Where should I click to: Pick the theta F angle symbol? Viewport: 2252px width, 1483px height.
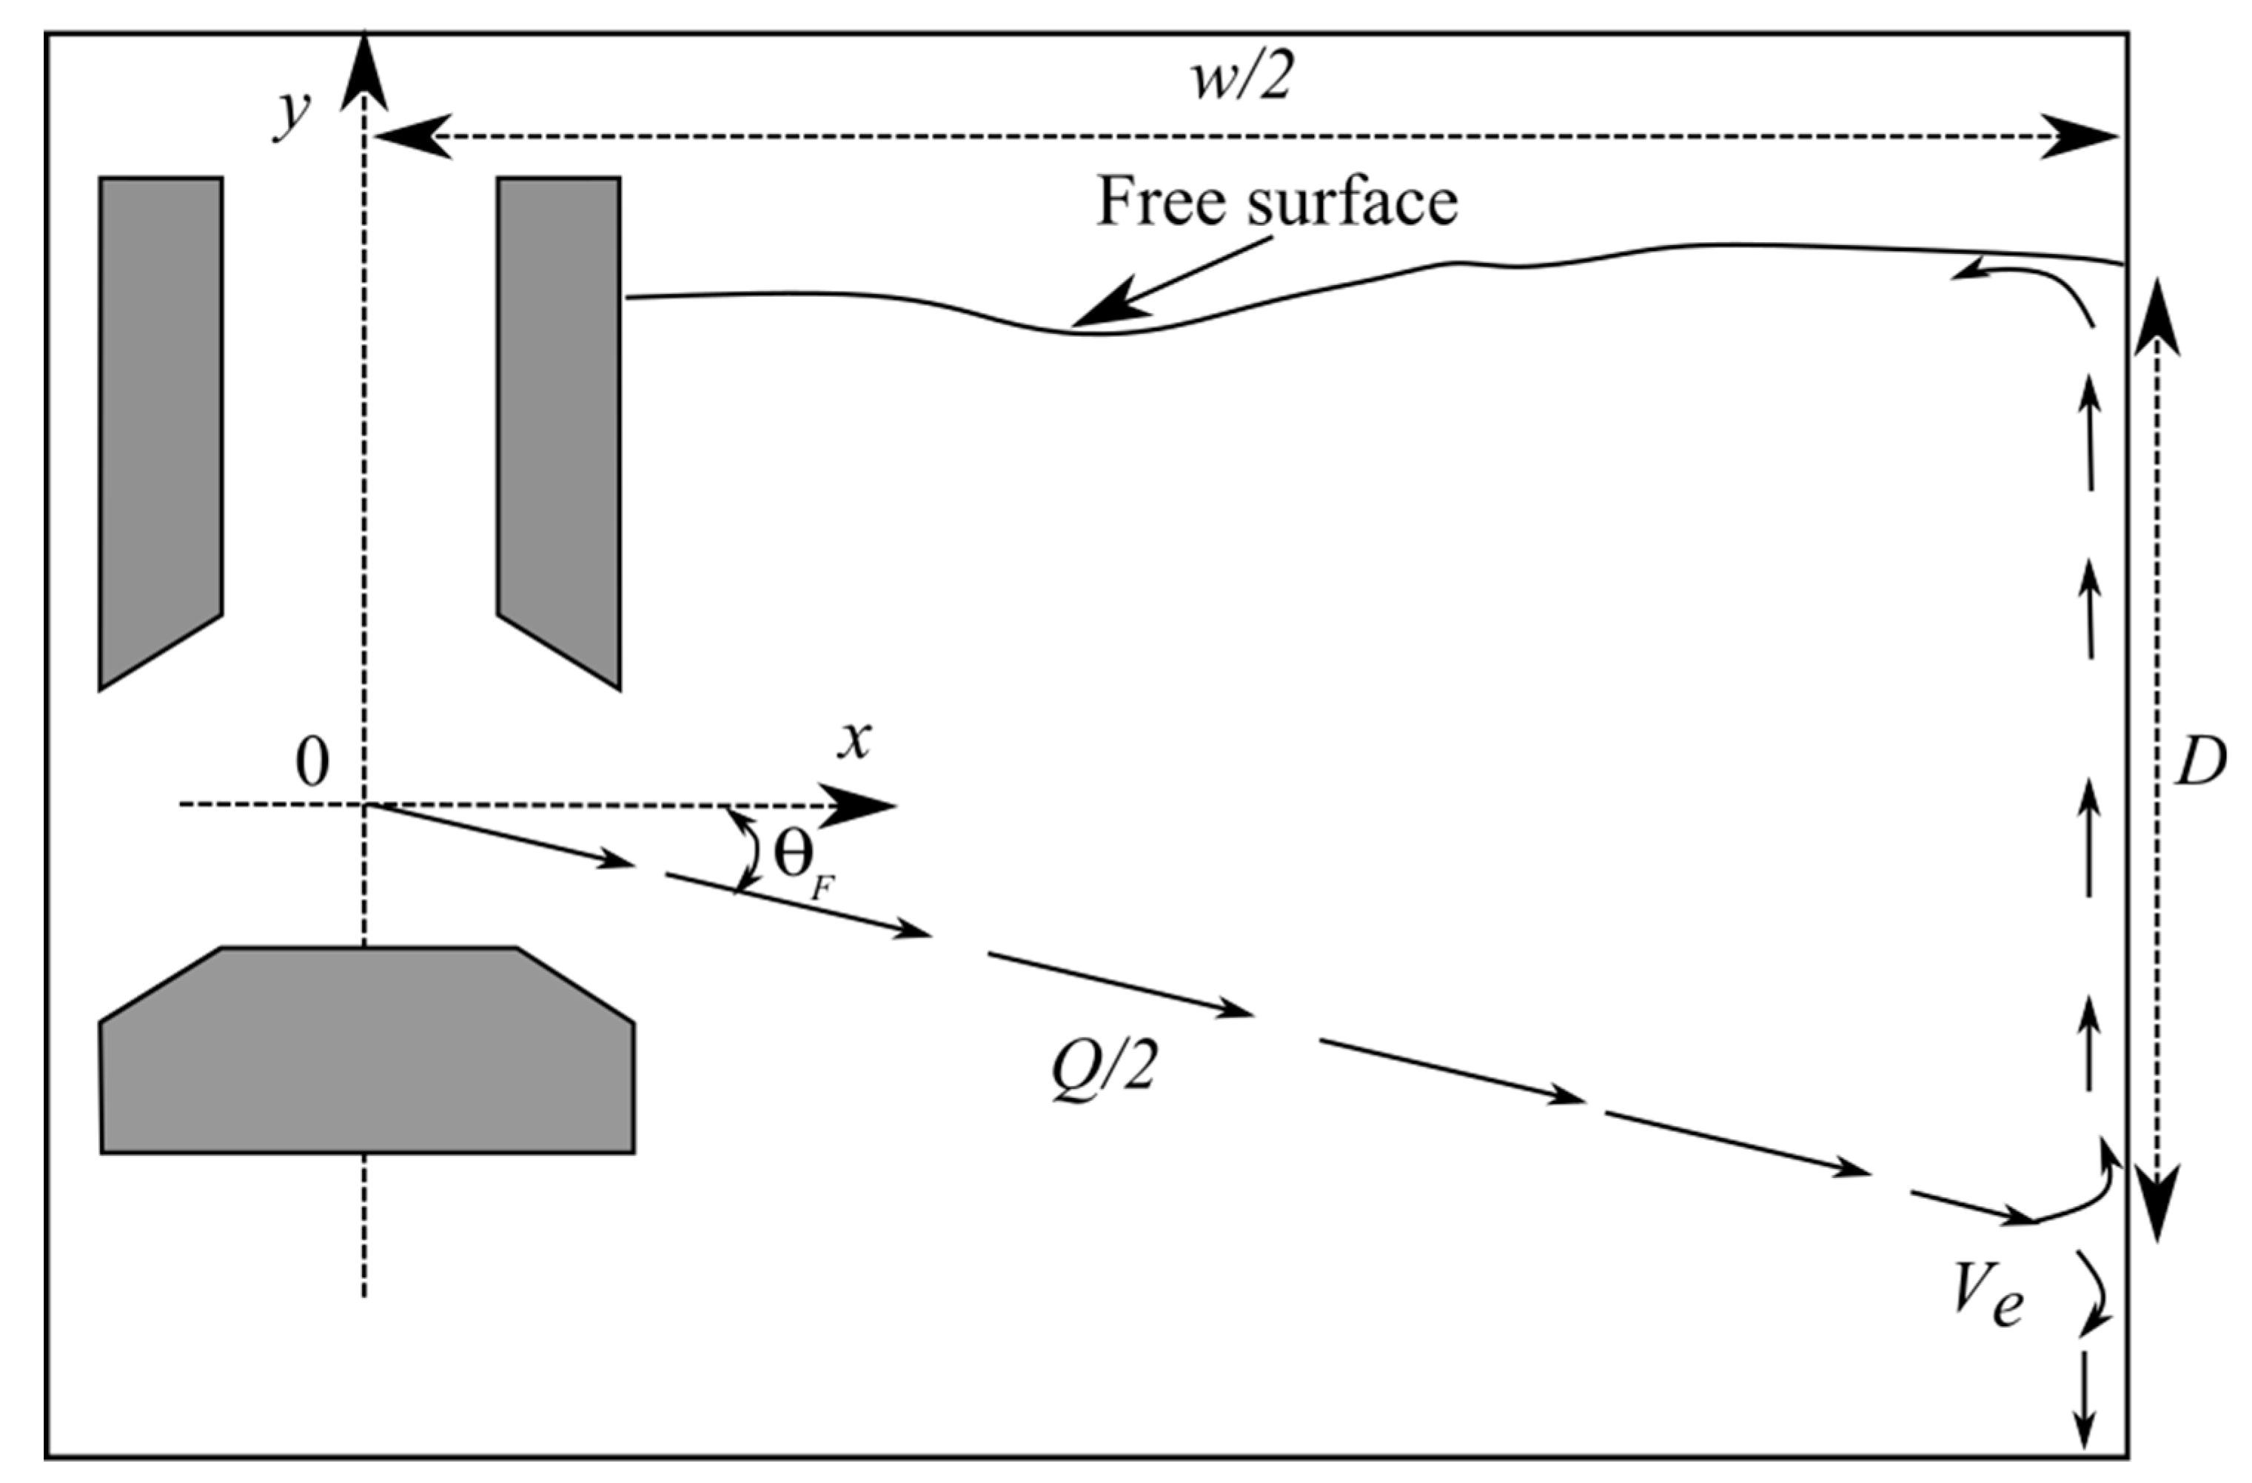[800, 861]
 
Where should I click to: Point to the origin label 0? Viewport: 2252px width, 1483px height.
[312, 762]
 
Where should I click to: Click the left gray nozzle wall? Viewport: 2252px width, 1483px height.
[160, 416]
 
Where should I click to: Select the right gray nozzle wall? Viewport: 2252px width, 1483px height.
[559, 416]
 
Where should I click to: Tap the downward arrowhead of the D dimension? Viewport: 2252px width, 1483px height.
[2157, 1211]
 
